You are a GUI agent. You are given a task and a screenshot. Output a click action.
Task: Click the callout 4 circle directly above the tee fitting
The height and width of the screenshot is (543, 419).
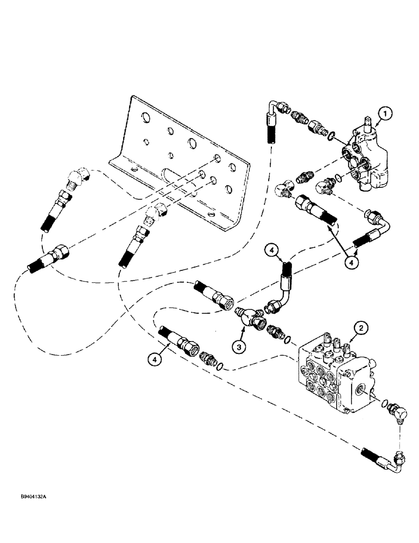pyautogui.click(x=272, y=251)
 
